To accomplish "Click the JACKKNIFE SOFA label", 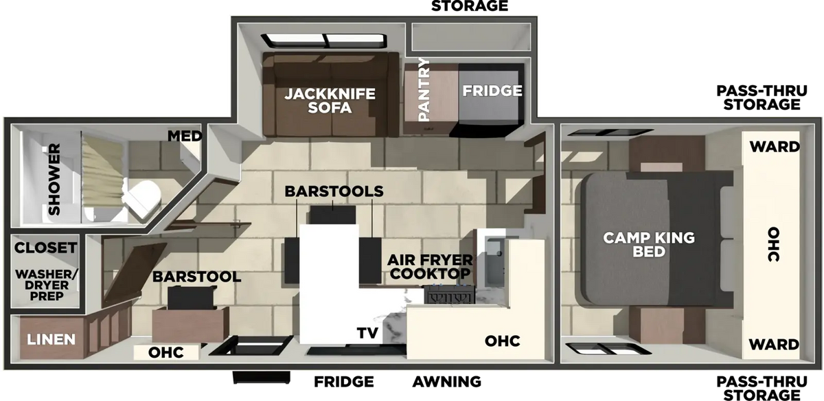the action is tap(330, 100).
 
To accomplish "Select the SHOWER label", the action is tap(54, 179).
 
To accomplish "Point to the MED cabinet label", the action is tap(185, 136).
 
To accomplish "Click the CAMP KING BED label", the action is tap(649, 244).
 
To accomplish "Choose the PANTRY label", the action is tap(424, 89).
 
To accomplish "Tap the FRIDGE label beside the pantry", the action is tap(492, 91).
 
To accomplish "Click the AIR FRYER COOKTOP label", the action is tap(430, 266).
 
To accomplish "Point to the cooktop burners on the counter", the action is tap(449, 295).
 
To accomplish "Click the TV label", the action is tap(367, 333).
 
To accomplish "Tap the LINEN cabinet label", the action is tap(51, 339).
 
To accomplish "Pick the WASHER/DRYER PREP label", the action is tap(47, 285).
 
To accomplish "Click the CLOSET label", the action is tap(45, 248).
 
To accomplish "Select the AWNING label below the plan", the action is tap(446, 382).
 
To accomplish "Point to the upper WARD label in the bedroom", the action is tap(775, 147).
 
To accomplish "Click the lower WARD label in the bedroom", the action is tap(774, 345).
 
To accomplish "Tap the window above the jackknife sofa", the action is tap(323, 41).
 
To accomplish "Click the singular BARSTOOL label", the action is tap(197, 277).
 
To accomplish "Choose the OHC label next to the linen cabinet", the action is tap(166, 352).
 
